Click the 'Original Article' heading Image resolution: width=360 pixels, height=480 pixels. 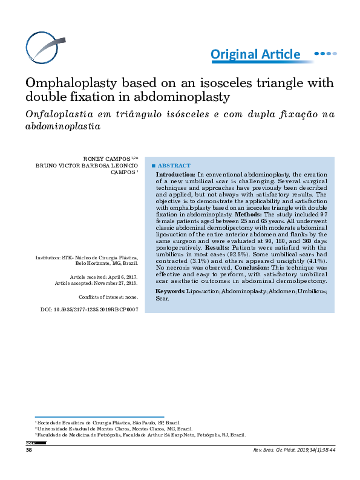point(255,54)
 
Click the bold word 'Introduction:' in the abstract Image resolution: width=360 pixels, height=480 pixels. point(175,174)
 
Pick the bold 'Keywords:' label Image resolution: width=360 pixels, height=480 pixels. point(170,291)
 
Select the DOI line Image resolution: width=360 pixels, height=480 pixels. point(89,309)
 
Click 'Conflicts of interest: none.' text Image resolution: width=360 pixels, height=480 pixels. point(108,297)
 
